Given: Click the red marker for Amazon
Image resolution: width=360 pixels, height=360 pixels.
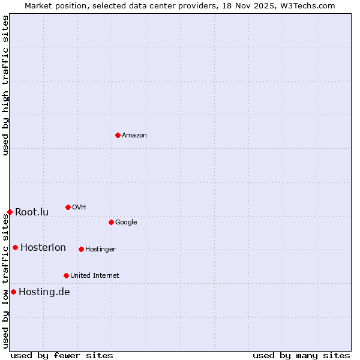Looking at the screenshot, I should [118, 135].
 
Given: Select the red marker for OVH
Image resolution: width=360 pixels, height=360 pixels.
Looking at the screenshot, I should [68, 207].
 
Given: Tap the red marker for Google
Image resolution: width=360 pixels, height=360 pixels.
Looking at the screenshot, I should [111, 222].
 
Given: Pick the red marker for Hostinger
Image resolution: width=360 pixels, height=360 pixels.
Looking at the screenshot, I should [81, 249].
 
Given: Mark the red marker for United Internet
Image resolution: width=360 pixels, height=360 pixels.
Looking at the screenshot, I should [66, 275].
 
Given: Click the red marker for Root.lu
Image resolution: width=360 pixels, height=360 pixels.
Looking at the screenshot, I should [10, 212].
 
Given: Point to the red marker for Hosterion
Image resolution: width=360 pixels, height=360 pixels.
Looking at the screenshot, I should [15, 247].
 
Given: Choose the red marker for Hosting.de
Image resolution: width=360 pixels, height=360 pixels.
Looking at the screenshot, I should [13, 292].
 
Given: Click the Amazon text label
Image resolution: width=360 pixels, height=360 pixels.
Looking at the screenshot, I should [134, 135].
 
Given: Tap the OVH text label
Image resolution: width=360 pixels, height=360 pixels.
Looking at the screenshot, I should [79, 207].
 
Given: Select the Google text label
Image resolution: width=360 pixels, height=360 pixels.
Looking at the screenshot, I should [126, 222].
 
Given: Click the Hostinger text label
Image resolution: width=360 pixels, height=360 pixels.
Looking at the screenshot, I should [100, 249].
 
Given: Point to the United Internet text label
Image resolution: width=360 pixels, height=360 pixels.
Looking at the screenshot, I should [94, 275].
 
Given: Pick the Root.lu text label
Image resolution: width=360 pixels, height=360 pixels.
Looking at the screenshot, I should [32, 212].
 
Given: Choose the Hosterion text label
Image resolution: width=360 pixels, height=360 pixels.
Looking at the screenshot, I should [43, 247].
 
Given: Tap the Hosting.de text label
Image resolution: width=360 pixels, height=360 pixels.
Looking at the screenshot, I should [44, 292].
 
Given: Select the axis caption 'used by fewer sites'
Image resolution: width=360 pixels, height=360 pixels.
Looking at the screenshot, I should [62, 355].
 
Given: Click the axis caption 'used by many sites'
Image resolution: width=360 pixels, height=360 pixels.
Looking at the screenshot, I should [301, 355].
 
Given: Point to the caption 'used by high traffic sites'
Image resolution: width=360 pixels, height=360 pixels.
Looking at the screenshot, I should [5, 85].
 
